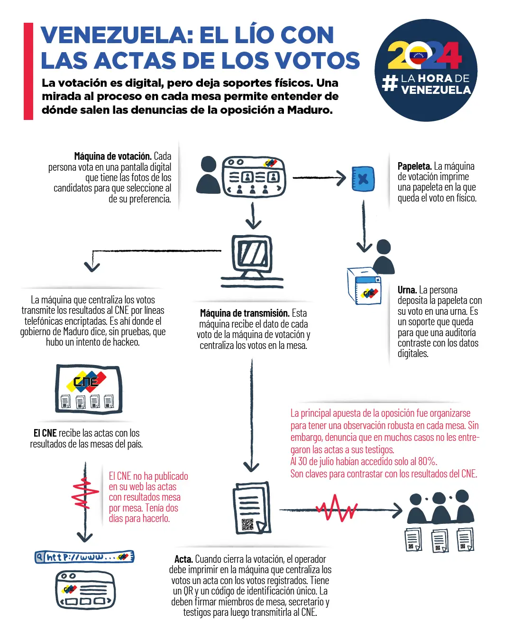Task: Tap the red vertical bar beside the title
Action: coord(28,71)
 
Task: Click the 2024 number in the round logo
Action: coord(425,56)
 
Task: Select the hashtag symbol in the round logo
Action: coord(390,83)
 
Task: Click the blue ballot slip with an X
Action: coord(363,179)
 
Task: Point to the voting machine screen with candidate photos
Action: coord(254,177)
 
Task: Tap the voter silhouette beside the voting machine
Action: coord(208,175)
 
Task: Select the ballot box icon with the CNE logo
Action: coord(364,286)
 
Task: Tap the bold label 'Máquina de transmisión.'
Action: coord(245,313)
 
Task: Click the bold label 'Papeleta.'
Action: coord(414,166)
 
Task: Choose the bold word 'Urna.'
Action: coord(407,290)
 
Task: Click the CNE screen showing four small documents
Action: coord(89,389)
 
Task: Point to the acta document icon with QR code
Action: coord(252,508)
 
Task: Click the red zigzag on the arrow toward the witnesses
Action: coord(336,509)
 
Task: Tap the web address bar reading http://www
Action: coord(84,557)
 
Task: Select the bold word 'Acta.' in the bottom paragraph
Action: coord(183,559)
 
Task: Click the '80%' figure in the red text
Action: coord(427,462)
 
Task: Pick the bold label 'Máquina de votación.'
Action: coord(112,156)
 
